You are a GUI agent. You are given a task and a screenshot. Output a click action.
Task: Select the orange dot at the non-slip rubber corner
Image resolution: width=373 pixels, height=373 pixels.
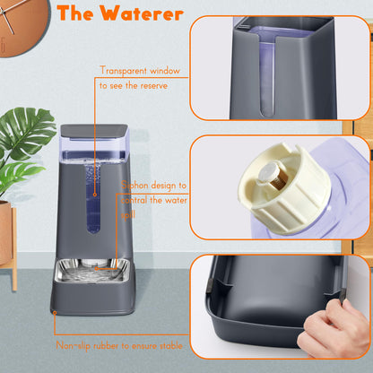point(53,312)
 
